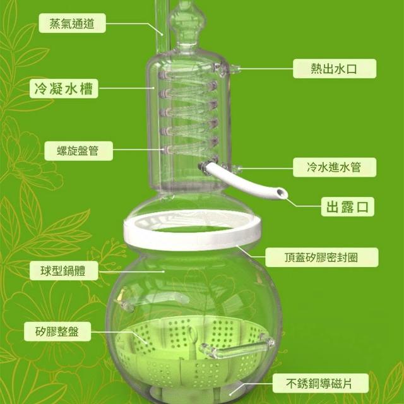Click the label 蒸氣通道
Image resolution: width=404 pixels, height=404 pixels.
coord(72,23)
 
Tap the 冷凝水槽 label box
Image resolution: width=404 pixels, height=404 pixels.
coord(64,88)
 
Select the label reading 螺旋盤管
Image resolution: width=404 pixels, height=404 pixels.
coord(78,151)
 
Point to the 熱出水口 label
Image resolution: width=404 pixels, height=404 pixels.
coord(335,69)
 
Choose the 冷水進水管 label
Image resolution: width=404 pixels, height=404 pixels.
coord(335,167)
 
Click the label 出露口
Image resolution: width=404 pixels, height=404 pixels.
coord(348,206)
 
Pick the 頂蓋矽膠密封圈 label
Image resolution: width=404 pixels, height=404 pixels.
coord(322,257)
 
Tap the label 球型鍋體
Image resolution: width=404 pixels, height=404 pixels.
coord(64,271)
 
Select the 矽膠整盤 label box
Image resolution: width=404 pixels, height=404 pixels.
coord(57,331)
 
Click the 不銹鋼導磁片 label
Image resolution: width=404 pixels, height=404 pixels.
coord(321,383)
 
